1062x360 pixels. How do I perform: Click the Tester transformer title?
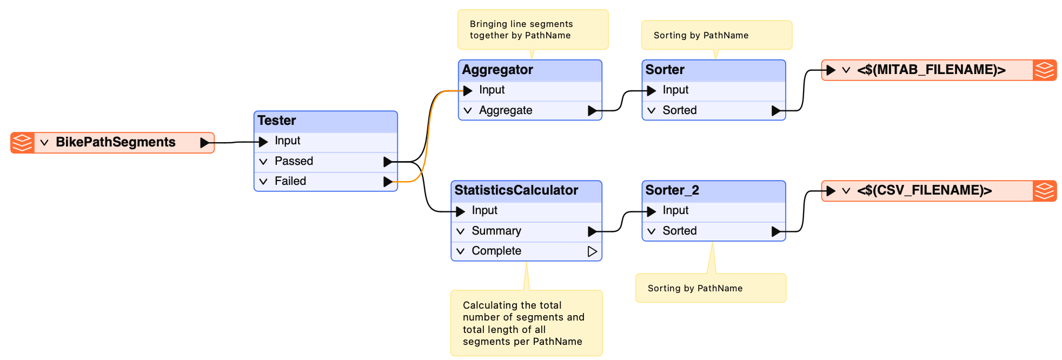277,121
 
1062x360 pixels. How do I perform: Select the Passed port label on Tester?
294,161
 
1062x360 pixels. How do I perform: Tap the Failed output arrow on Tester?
388,182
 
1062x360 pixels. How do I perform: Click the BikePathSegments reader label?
116,142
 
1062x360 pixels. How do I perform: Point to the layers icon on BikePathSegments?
22,143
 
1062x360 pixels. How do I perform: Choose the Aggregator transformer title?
497,70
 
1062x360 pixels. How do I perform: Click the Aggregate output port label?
506,110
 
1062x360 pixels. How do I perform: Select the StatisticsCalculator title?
516,190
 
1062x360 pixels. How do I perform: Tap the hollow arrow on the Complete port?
593,251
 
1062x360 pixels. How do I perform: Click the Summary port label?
496,231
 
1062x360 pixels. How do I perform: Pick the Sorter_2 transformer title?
672,190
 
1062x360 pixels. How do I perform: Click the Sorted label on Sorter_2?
680,231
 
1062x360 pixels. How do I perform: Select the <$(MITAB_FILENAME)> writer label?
931,70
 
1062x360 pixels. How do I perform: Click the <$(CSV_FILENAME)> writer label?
924,190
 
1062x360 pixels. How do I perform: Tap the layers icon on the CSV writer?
1045,191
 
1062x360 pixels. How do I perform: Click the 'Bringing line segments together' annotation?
533,30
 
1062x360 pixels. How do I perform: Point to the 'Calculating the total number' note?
527,323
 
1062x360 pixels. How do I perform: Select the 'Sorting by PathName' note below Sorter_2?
711,288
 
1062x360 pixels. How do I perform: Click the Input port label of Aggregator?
492,90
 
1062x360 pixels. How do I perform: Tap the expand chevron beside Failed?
263,182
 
